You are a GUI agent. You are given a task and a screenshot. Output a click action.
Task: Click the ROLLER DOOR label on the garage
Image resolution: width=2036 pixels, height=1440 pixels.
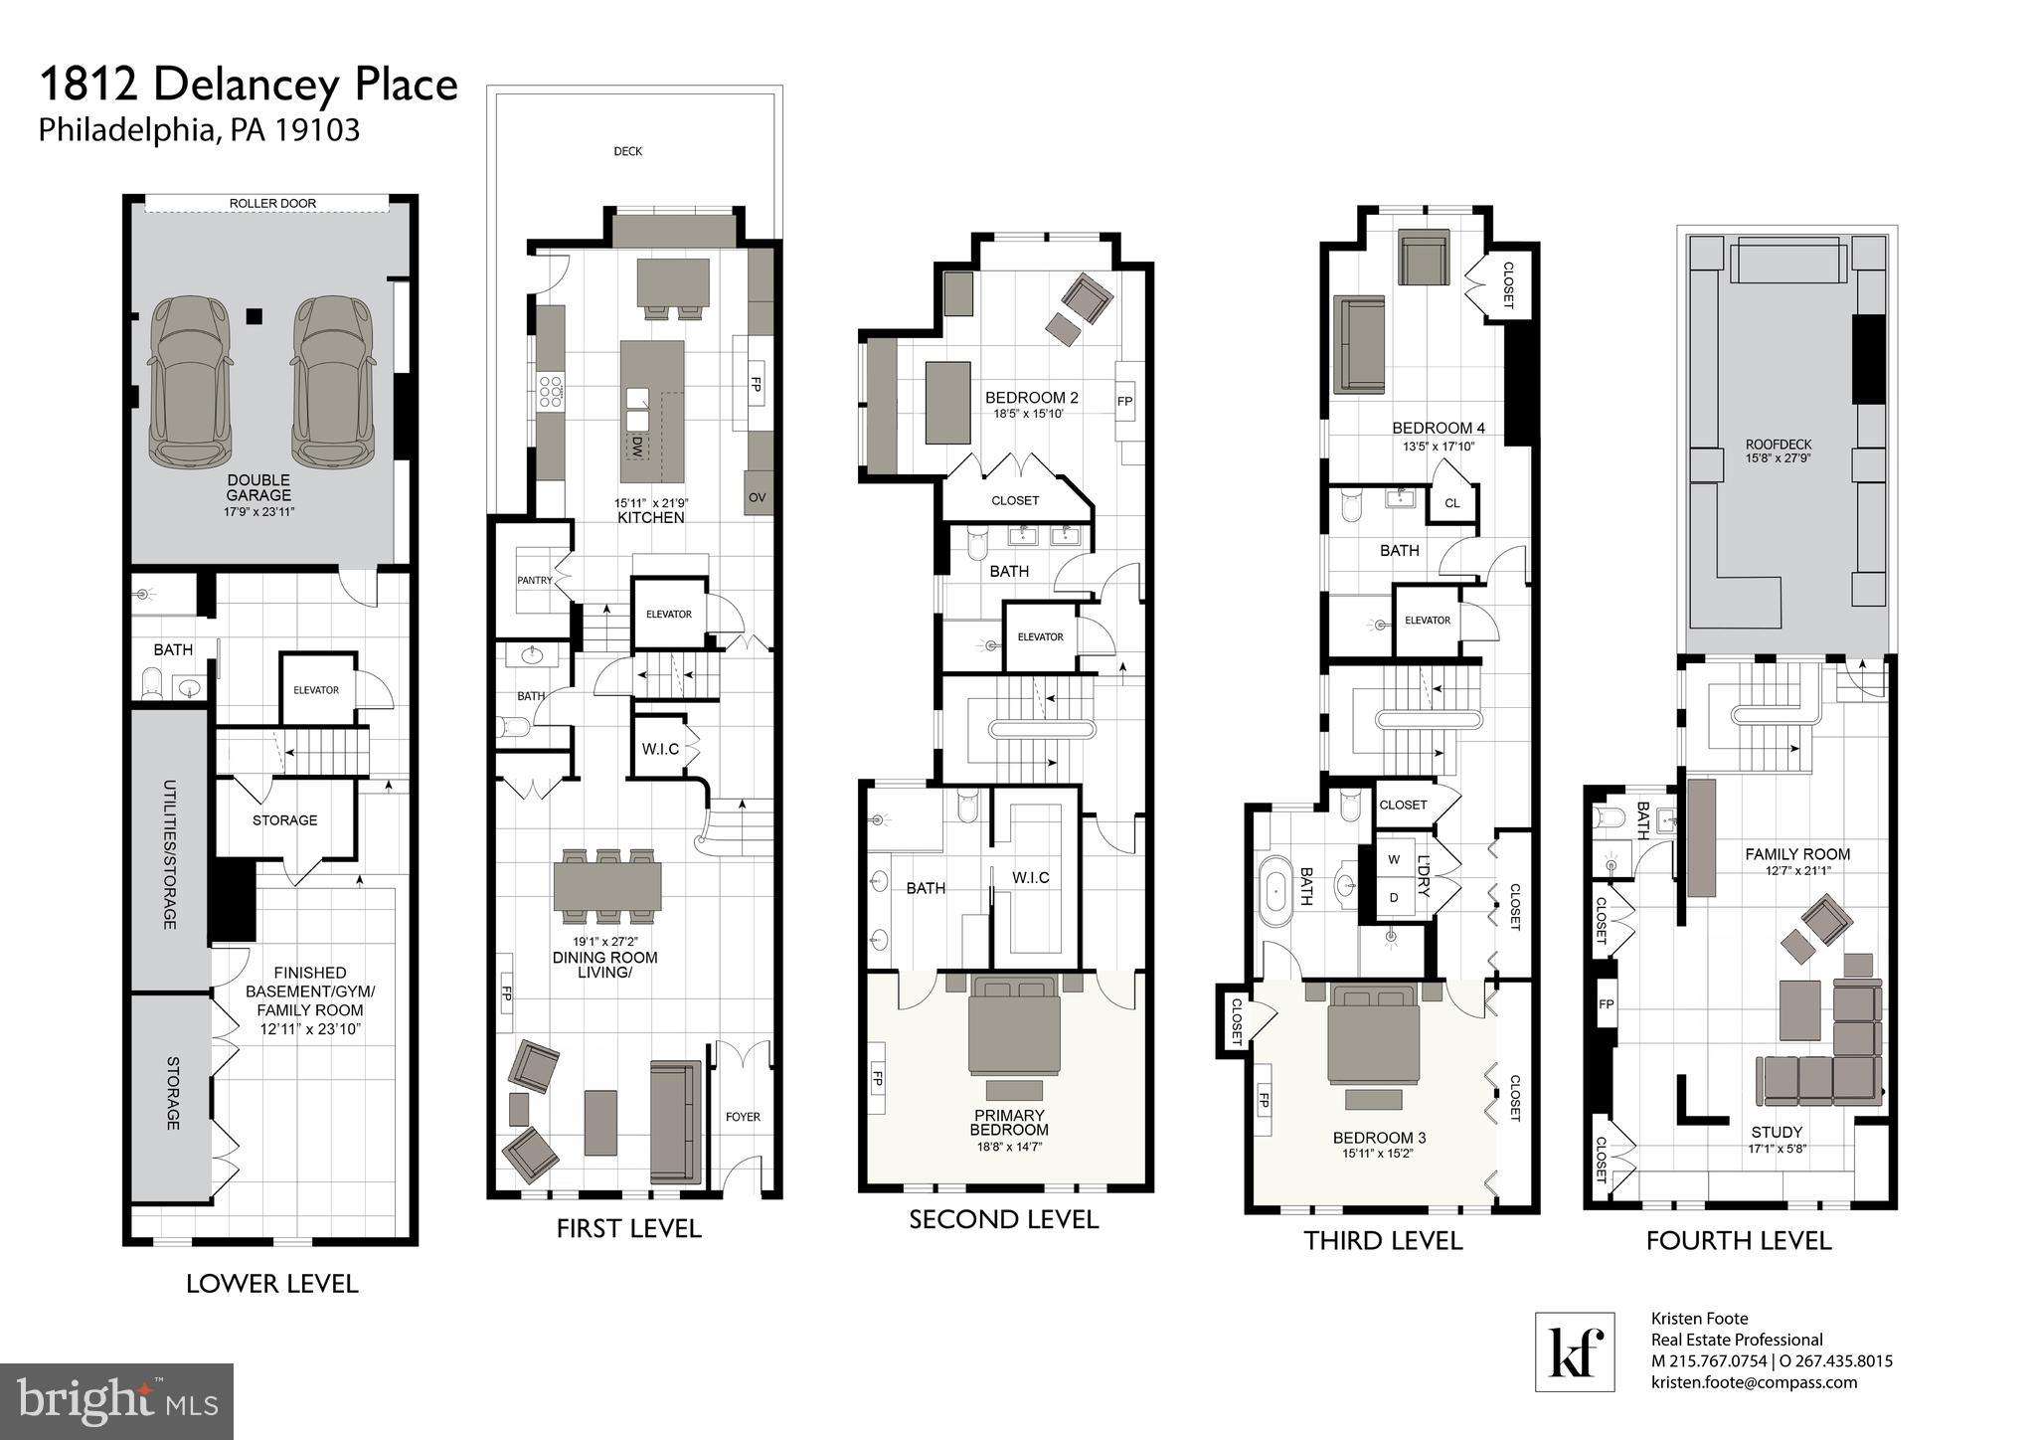272,203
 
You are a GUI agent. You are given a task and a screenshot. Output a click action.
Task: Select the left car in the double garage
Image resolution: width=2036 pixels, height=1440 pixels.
190,380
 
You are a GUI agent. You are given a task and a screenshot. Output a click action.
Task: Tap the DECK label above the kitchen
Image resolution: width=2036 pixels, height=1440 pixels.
627,151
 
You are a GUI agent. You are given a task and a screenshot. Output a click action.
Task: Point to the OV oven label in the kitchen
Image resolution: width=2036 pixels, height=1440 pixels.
758,497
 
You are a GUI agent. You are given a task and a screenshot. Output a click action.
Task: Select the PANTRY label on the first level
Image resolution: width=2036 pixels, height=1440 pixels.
534,580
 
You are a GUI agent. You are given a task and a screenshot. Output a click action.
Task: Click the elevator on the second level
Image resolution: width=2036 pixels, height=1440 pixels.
1040,636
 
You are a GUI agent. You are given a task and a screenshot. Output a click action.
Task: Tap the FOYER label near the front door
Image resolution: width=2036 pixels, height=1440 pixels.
743,1117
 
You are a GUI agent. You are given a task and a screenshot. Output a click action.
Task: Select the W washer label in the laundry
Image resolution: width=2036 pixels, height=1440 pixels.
1394,859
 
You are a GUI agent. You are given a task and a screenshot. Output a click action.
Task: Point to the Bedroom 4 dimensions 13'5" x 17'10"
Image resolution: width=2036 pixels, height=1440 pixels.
1438,447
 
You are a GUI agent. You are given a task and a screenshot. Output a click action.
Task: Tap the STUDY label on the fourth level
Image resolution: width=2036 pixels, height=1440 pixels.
1776,1132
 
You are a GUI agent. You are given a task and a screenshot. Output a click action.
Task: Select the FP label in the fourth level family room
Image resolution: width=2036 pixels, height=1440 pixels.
1607,1004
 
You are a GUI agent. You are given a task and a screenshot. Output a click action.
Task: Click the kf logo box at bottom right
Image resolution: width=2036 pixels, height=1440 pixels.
1575,1351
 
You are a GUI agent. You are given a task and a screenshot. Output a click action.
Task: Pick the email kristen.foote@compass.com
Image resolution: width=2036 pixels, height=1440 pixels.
1754,1382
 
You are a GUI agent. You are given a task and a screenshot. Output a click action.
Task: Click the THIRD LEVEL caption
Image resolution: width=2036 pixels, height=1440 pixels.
1383,1240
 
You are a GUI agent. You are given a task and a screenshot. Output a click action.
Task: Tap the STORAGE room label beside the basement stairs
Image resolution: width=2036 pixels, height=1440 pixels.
284,819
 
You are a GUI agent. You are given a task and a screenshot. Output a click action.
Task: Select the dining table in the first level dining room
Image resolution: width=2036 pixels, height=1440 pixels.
607,886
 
